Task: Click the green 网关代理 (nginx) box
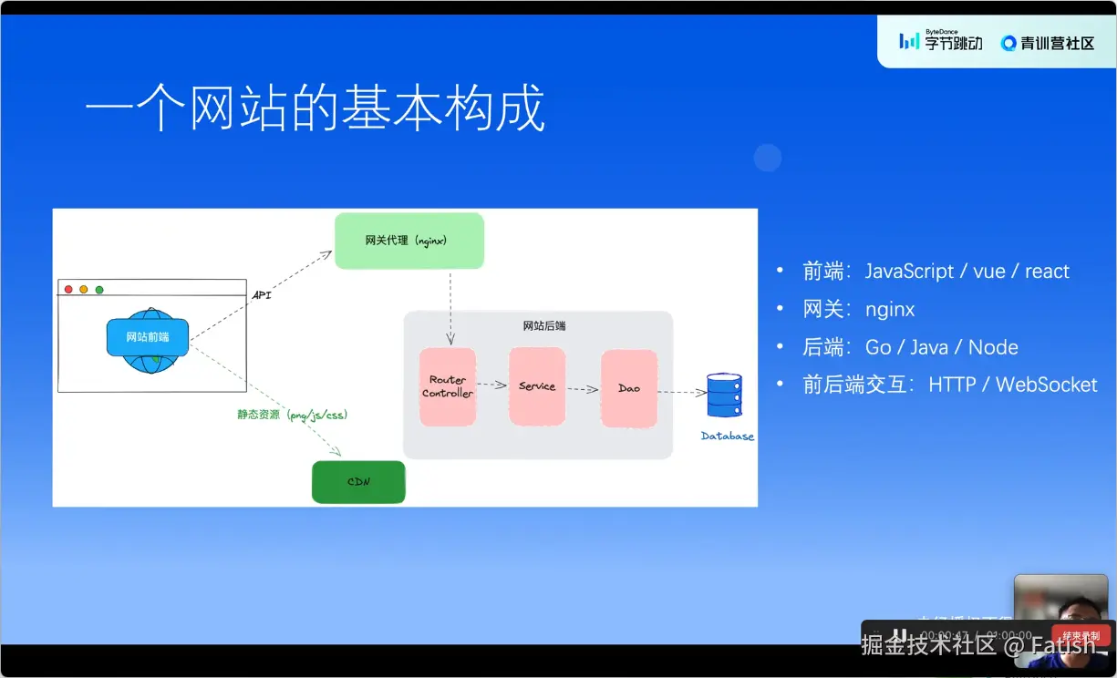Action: (x=409, y=241)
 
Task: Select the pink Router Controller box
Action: (x=448, y=386)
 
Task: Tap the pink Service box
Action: (x=537, y=386)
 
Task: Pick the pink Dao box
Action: (x=629, y=388)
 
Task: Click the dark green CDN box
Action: (x=358, y=482)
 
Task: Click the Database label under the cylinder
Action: (x=728, y=437)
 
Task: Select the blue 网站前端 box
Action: (x=148, y=337)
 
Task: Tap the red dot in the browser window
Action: (x=68, y=290)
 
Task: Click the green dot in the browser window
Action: (x=99, y=290)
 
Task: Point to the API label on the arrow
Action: (x=261, y=295)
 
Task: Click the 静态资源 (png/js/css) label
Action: (x=293, y=415)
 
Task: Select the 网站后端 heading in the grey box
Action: (x=544, y=325)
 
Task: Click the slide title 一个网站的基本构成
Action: (x=315, y=109)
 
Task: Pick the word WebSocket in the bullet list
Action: (x=1046, y=385)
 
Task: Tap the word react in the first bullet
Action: (x=1047, y=272)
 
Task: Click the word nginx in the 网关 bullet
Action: (x=890, y=310)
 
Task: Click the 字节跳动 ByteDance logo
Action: (x=941, y=41)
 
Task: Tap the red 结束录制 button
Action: (x=1081, y=635)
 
